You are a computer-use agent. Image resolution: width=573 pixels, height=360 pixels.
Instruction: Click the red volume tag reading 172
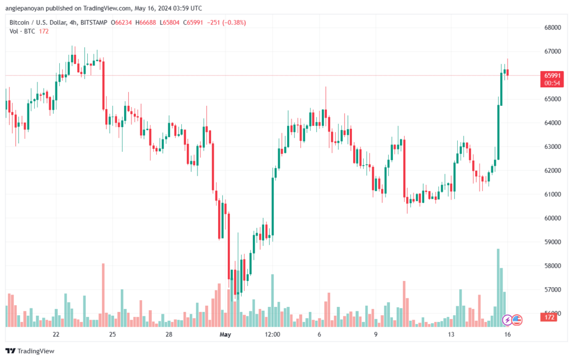pyautogui.click(x=549, y=318)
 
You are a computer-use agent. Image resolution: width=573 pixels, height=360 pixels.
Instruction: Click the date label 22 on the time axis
pyautogui.click(x=56, y=334)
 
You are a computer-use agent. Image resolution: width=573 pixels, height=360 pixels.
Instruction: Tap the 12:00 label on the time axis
pyautogui.click(x=273, y=334)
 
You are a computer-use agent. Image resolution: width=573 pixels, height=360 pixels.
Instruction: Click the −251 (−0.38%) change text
pyautogui.click(x=226, y=22)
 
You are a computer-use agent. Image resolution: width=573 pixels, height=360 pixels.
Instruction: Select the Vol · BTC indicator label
pyautogui.click(x=22, y=31)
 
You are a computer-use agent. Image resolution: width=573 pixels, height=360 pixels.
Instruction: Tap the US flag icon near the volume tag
pyautogui.click(x=517, y=320)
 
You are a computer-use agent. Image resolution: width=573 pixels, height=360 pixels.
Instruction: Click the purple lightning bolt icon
pyautogui.click(x=507, y=320)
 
